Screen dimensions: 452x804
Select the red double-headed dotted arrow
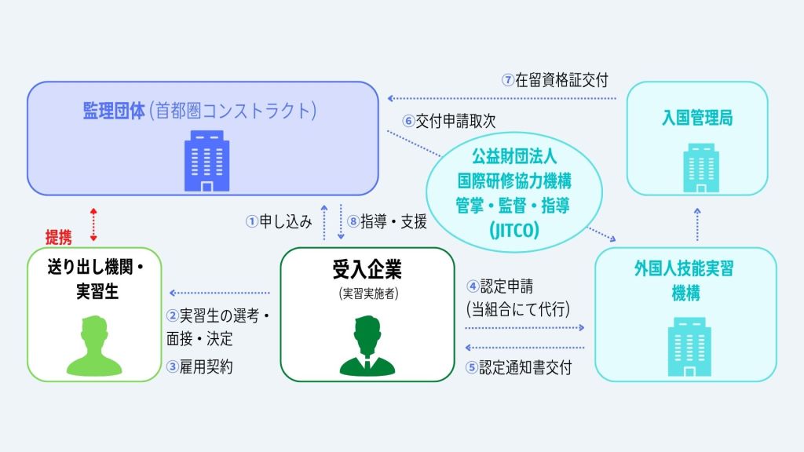tap(93, 225)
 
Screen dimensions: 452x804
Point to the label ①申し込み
tap(279, 222)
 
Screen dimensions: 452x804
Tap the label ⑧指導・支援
tap(389, 222)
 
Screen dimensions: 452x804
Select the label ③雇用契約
tap(199, 366)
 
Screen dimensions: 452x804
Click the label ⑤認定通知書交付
tap(518, 366)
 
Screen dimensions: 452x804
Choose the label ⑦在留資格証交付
tap(555, 80)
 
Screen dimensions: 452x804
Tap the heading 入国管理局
tap(697, 120)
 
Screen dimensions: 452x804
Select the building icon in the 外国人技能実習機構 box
tap(685, 344)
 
